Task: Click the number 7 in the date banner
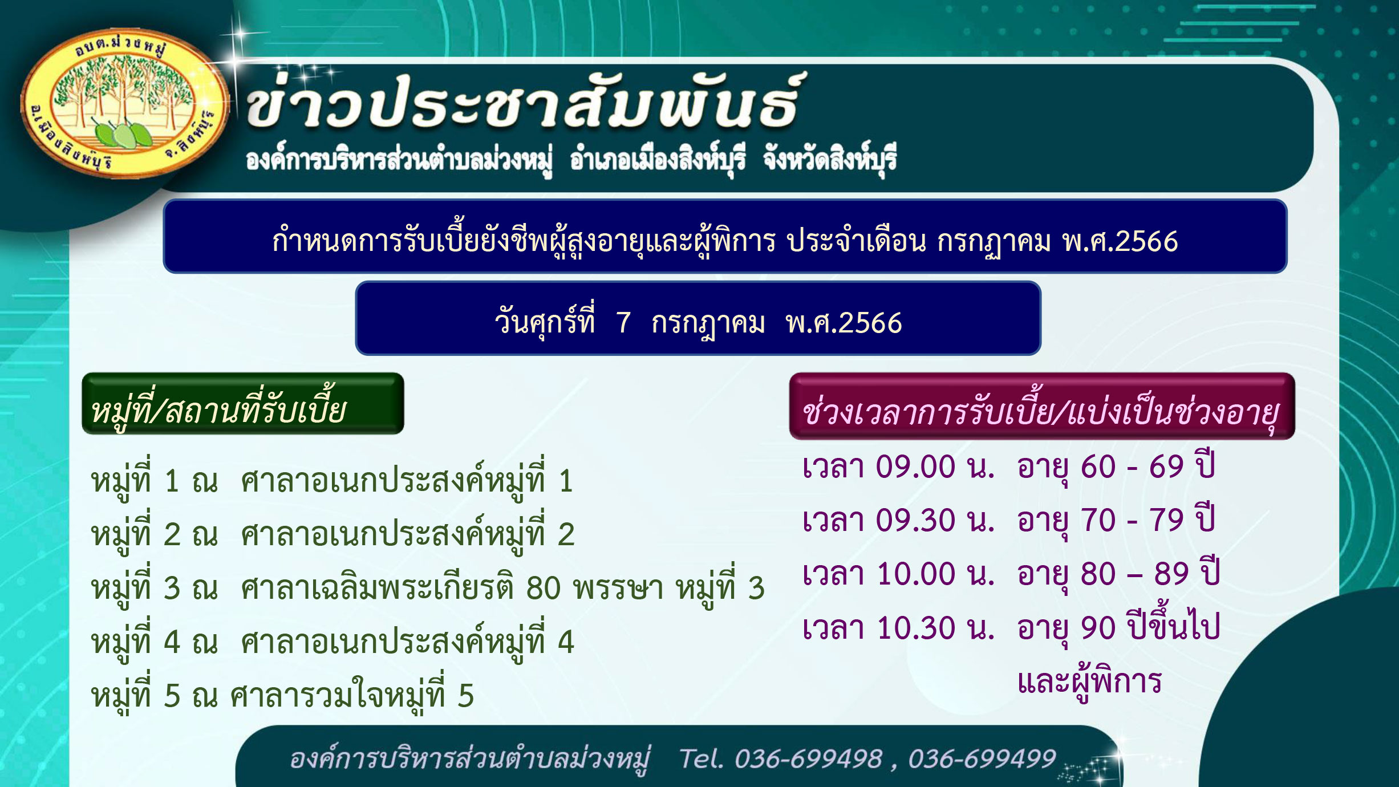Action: pyautogui.click(x=623, y=323)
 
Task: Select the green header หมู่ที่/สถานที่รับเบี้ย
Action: pyautogui.click(x=243, y=404)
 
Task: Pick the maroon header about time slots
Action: pyautogui.click(x=1042, y=406)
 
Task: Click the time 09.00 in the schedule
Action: pyautogui.click(x=915, y=467)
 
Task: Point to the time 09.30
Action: pyautogui.click(x=915, y=520)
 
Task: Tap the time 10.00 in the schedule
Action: pyautogui.click(x=915, y=574)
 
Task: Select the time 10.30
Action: pyautogui.click(x=915, y=628)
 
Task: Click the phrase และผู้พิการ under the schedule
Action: pyautogui.click(x=1089, y=682)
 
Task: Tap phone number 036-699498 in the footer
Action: pyautogui.click(x=808, y=759)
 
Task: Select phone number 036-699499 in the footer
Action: pyautogui.click(x=982, y=759)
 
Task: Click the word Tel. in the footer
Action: pyautogui.click(x=701, y=759)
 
